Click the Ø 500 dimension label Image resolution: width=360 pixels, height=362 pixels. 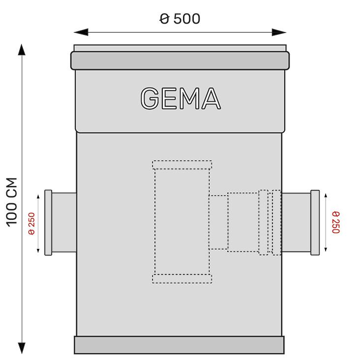180,19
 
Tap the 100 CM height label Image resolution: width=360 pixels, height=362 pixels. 11,202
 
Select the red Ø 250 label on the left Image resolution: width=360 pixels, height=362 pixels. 31,223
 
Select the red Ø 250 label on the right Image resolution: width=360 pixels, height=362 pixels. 336,222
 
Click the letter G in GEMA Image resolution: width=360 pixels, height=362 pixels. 150,98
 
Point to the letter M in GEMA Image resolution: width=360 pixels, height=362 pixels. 189,98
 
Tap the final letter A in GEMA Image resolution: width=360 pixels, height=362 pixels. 211,98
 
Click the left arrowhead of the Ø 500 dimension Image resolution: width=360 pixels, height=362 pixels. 81,32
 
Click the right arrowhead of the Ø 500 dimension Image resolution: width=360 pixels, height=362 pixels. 279,32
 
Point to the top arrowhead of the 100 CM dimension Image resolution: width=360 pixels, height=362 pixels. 22,49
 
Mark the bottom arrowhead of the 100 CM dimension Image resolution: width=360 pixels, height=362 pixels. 22,348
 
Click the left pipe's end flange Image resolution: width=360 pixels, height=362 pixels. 48,222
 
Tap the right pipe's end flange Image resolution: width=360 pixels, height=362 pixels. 315,222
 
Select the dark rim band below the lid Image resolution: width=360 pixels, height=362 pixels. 180,60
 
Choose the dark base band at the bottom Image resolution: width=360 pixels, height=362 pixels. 179,345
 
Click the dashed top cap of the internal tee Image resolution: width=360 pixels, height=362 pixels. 182,165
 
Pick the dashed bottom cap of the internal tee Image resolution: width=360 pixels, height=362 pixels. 182,279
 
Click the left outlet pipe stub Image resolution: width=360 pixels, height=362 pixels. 64,222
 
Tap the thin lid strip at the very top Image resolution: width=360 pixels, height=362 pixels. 180,48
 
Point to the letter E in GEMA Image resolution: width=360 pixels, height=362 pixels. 169,98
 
